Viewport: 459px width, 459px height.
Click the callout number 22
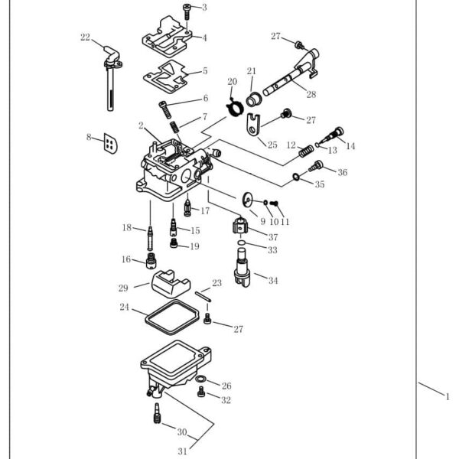(x=85, y=37)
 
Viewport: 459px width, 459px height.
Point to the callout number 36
(x=341, y=172)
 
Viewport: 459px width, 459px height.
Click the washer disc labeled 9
(x=248, y=198)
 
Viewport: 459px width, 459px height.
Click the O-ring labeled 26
(x=200, y=379)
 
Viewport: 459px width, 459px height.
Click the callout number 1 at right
(x=447, y=396)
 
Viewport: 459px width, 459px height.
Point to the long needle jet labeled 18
(x=151, y=236)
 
